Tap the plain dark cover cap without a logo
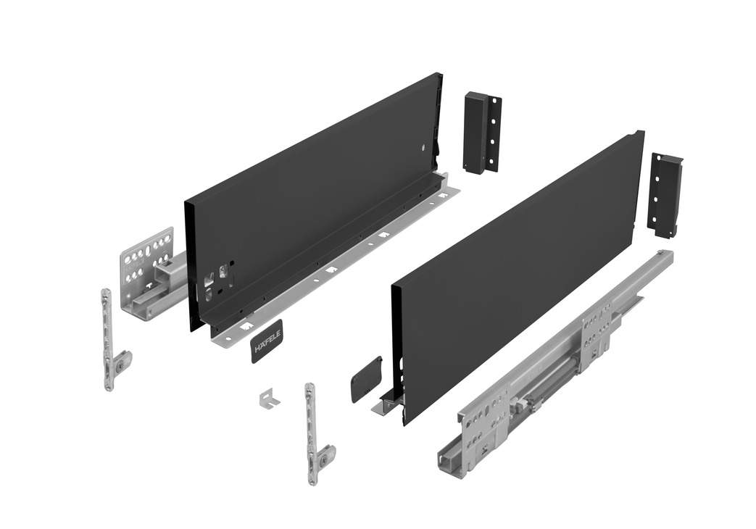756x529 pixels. point(367,379)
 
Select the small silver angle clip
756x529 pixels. point(269,399)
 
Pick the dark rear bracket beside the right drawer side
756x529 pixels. point(664,194)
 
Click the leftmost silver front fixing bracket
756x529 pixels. point(113,339)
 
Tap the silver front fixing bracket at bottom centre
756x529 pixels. point(317,433)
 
